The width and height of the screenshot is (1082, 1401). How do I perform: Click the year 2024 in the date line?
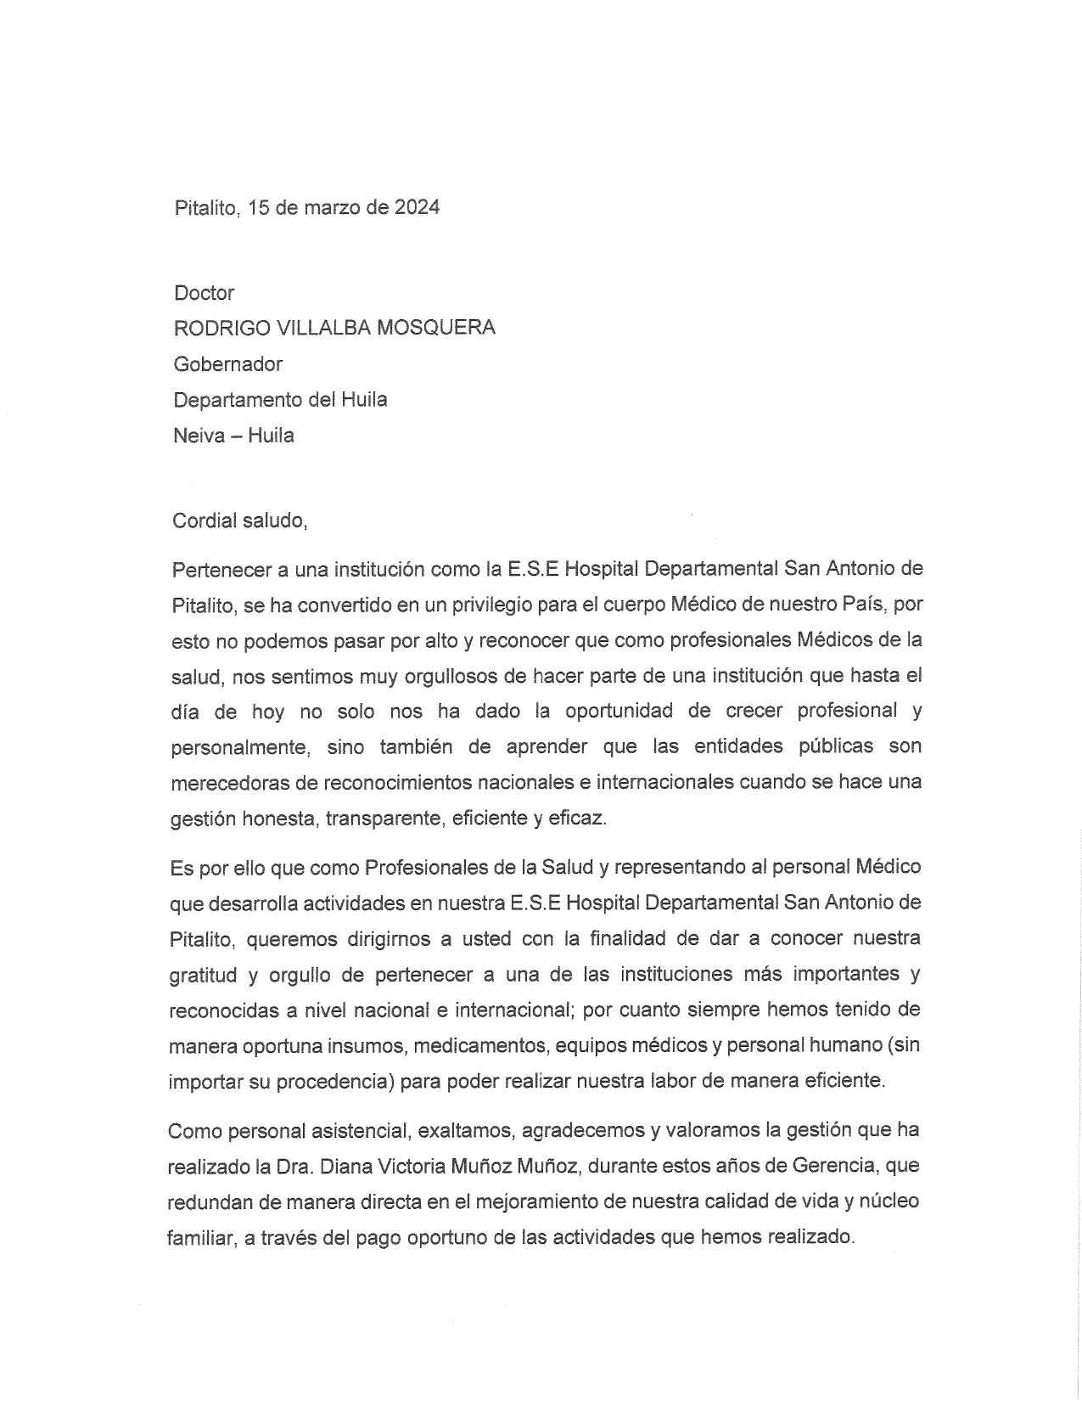(x=417, y=207)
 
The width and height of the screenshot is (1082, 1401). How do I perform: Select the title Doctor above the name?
(x=204, y=293)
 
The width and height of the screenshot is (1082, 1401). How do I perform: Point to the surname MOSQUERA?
(x=444, y=328)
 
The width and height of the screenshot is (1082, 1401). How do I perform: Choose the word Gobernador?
(x=227, y=364)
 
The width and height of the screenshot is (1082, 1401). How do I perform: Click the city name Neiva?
(x=199, y=436)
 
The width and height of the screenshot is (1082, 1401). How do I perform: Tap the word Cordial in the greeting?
(x=205, y=520)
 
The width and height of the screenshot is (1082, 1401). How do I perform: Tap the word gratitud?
(x=203, y=975)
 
